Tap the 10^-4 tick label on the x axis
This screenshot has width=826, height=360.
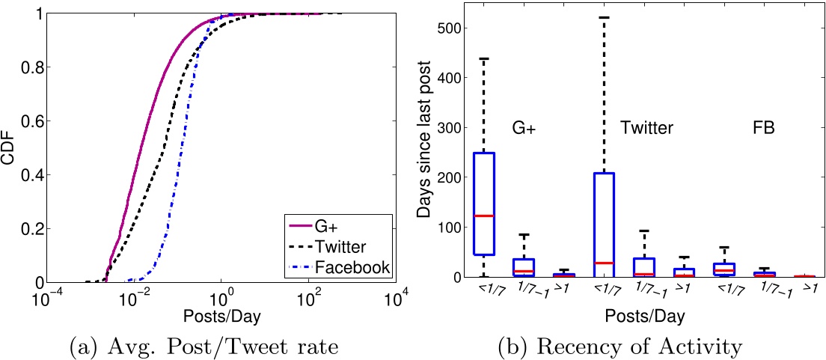[x=48, y=299]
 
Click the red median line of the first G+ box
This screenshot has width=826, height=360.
[x=485, y=216]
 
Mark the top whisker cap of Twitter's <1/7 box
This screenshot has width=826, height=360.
[x=604, y=17]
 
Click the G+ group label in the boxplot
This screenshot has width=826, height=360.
[x=524, y=128]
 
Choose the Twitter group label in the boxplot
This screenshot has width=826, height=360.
[x=646, y=128]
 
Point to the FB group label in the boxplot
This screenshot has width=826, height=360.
[x=763, y=128]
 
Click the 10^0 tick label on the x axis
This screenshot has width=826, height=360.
[x=221, y=299]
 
